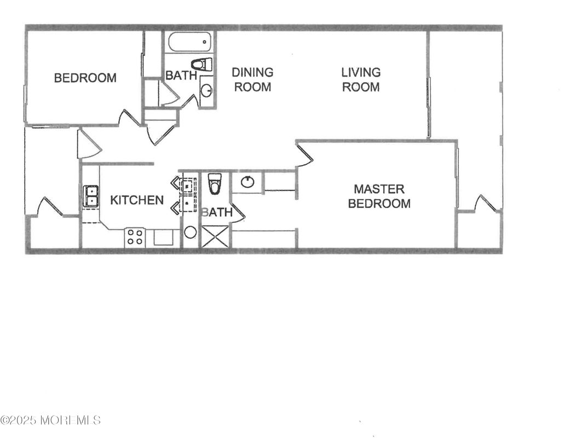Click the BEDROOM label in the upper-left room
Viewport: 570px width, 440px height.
coord(85,78)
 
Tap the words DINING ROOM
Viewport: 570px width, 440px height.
coord(252,79)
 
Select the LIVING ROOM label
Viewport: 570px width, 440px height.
coord(361,79)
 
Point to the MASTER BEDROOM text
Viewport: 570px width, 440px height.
coord(379,196)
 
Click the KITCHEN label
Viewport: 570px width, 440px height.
coord(137,200)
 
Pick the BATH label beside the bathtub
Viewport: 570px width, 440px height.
coord(181,76)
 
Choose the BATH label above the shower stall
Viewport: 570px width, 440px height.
coord(217,212)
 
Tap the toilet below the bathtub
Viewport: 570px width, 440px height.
coord(202,64)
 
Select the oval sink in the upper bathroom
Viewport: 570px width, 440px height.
coord(206,90)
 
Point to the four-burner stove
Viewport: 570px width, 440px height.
coord(135,238)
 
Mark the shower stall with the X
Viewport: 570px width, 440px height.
coord(215,236)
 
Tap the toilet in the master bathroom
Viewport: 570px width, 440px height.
coord(215,183)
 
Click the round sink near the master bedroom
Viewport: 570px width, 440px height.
coord(247,182)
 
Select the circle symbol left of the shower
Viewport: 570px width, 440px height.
coord(190,232)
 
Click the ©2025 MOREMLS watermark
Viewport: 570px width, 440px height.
coord(50,420)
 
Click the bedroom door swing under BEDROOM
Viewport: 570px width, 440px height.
coord(130,118)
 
